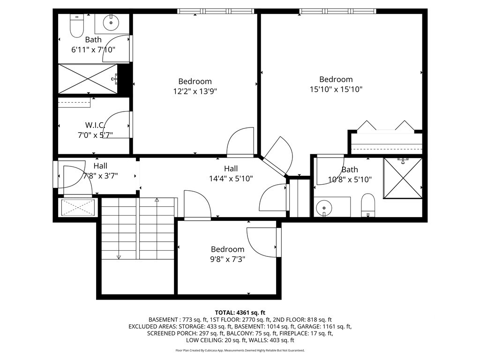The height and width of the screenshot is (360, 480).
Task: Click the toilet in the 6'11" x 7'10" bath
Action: (77, 26)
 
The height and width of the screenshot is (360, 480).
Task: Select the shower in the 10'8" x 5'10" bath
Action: (403, 178)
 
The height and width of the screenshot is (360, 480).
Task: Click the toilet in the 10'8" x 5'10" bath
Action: (368, 205)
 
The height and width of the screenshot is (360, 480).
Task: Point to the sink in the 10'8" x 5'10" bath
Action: (323, 208)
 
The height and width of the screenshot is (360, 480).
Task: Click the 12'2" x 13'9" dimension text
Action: (195, 91)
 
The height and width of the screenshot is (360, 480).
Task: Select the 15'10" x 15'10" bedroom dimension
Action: (336, 89)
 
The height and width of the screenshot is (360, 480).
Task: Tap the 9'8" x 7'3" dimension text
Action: (227, 259)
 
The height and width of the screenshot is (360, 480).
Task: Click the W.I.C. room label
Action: (95, 125)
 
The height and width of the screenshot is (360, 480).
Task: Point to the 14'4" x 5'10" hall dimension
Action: (231, 178)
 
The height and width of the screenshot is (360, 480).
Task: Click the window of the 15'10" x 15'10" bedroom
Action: (337, 11)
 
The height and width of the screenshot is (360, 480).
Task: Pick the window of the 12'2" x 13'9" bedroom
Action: (216, 11)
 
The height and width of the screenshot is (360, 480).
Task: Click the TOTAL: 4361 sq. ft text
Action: (240, 313)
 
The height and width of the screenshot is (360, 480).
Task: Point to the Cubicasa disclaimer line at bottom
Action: (240, 350)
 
